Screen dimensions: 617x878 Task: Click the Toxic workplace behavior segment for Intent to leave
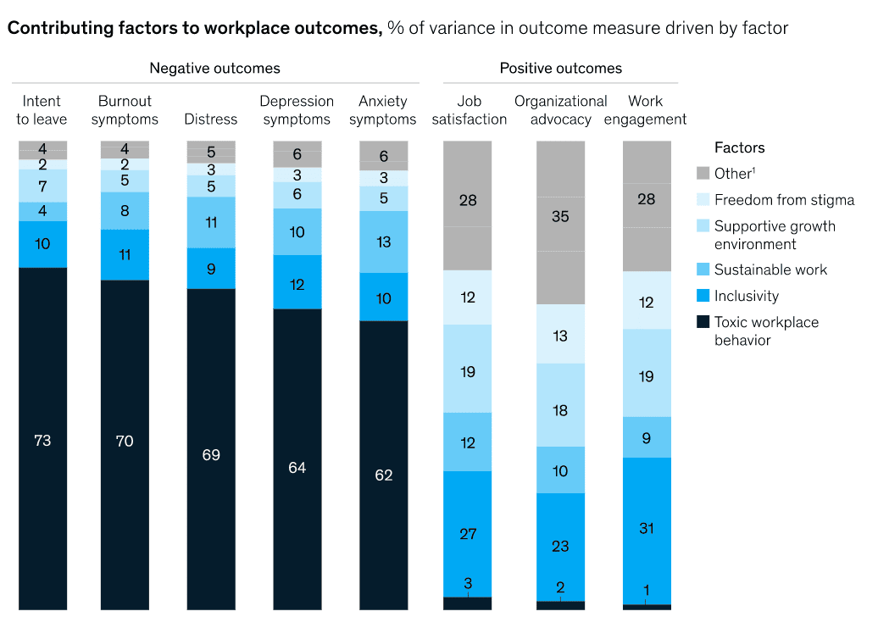[42, 439]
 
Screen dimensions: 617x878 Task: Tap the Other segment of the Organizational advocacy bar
[560, 222]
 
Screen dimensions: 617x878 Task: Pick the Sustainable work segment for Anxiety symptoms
[383, 242]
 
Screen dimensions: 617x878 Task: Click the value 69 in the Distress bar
[211, 455]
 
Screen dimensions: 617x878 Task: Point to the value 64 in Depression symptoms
[297, 468]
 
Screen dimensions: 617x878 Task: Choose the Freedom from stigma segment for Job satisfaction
[468, 297]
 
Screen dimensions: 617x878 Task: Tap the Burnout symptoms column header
[125, 110]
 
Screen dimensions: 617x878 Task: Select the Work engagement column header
[646, 110]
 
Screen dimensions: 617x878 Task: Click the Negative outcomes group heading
[214, 68]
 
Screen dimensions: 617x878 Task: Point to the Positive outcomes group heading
[560, 68]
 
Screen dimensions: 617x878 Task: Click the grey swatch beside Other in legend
[703, 174]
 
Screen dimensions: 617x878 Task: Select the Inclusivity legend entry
[746, 296]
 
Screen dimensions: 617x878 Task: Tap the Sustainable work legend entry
[770, 270]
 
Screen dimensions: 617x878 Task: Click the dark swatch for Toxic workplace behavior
[703, 322]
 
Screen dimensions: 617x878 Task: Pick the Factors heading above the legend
[739, 147]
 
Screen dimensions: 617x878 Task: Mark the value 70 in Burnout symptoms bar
[125, 441]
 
